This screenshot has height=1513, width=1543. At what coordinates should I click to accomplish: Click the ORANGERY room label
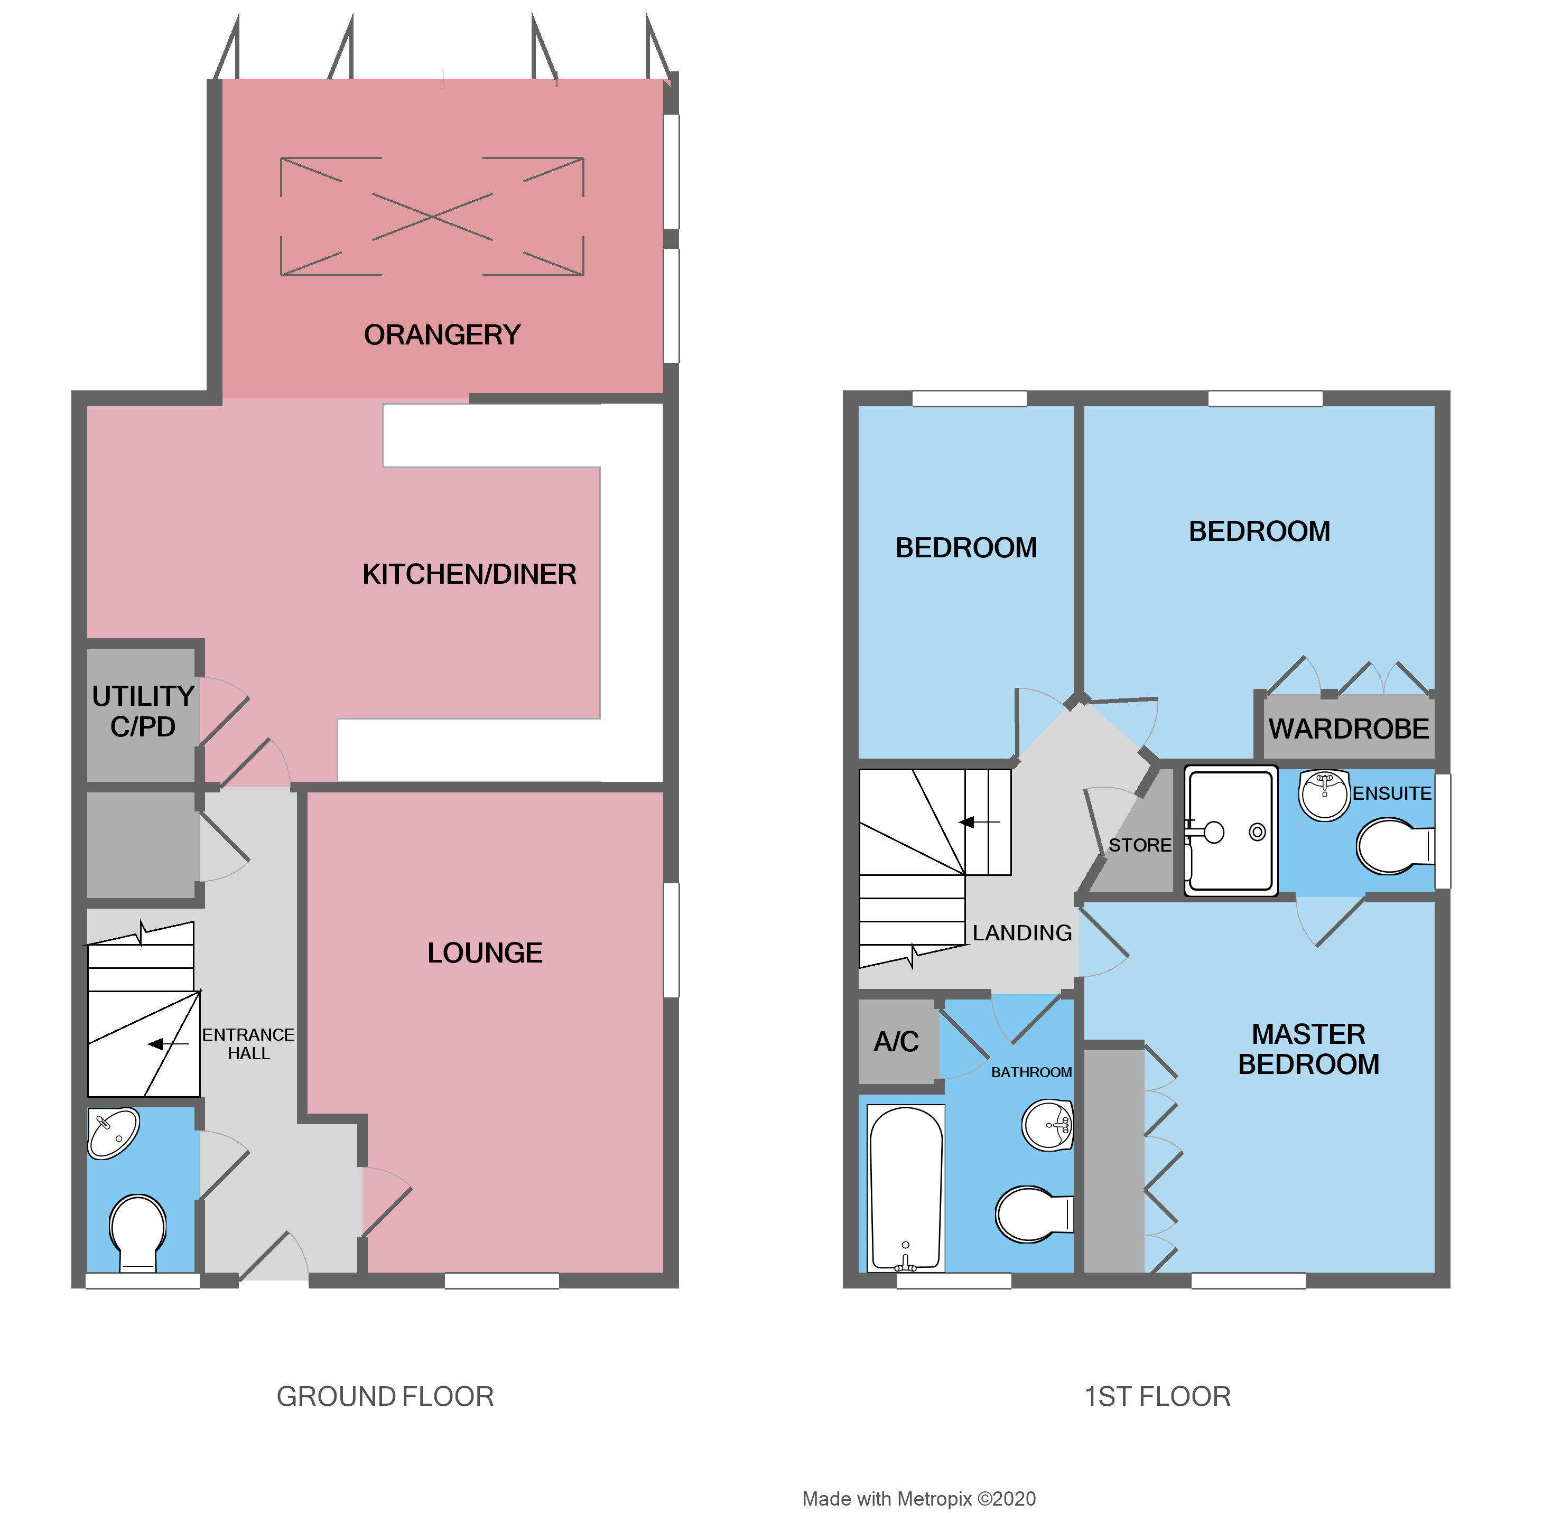coord(442,334)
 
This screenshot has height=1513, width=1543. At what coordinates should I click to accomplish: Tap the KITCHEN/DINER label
coord(469,574)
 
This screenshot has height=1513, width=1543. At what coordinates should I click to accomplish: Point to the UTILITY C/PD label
coord(143,711)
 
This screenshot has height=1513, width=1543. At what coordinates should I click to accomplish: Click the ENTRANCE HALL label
coord(248,1043)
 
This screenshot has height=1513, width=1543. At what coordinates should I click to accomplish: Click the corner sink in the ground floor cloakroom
coord(113,1132)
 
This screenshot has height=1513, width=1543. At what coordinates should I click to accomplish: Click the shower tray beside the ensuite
coord(1230,831)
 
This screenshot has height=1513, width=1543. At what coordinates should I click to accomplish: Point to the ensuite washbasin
coord(1324,795)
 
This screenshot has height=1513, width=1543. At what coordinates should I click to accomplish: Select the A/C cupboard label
coord(896,1041)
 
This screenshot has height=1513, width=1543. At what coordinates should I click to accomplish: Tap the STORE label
coord(1139,845)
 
